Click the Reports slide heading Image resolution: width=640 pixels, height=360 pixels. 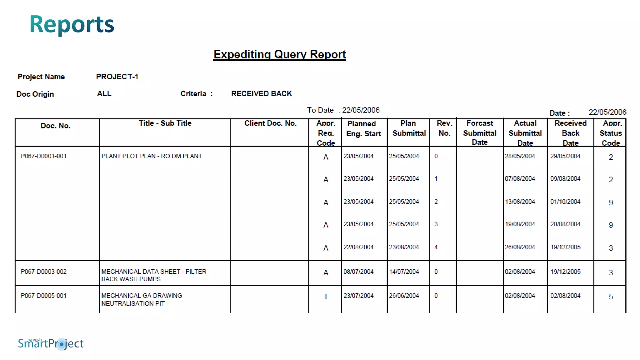click(72, 24)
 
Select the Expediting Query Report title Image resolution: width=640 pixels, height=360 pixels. click(279, 54)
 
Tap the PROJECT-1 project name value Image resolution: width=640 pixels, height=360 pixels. click(117, 77)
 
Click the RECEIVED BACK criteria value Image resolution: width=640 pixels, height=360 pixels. click(261, 93)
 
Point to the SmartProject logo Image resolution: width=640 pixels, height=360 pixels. click(51, 343)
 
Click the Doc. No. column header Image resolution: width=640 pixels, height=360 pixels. click(56, 126)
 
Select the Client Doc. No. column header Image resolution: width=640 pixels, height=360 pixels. click(270, 123)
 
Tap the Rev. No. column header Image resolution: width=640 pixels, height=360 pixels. click(444, 128)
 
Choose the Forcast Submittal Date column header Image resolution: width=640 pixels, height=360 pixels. click(480, 133)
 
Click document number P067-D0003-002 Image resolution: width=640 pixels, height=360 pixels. click(43, 272)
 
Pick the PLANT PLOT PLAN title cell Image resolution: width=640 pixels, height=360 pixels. click(152, 156)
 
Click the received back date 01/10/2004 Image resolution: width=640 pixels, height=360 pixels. click(565, 202)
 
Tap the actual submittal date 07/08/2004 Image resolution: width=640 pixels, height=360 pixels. click(520, 179)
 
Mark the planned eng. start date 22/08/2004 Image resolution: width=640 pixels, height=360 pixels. click(358, 247)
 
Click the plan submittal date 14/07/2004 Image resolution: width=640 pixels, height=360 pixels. click(404, 272)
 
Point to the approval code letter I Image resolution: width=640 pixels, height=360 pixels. click(326, 297)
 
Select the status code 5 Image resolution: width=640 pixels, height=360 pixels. click(611, 297)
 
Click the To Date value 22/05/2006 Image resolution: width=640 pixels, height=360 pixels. click(361, 110)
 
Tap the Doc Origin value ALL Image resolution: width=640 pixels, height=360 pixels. click(104, 93)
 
